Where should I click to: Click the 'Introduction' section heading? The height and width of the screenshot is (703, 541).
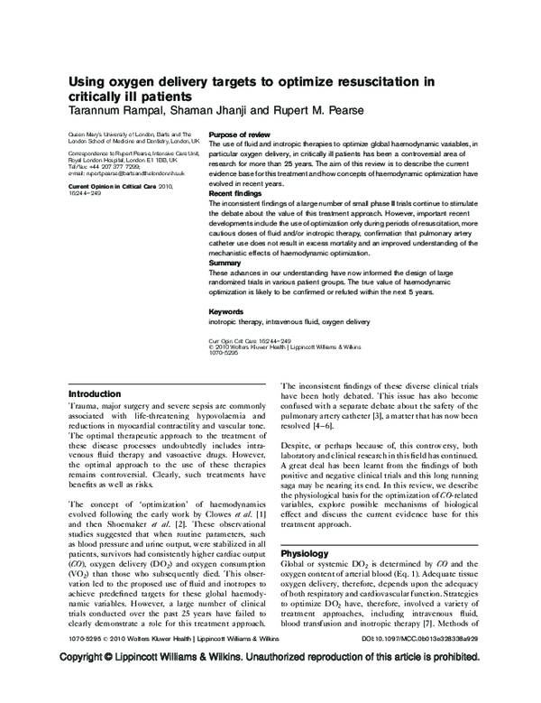pyautogui.click(x=95, y=393)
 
